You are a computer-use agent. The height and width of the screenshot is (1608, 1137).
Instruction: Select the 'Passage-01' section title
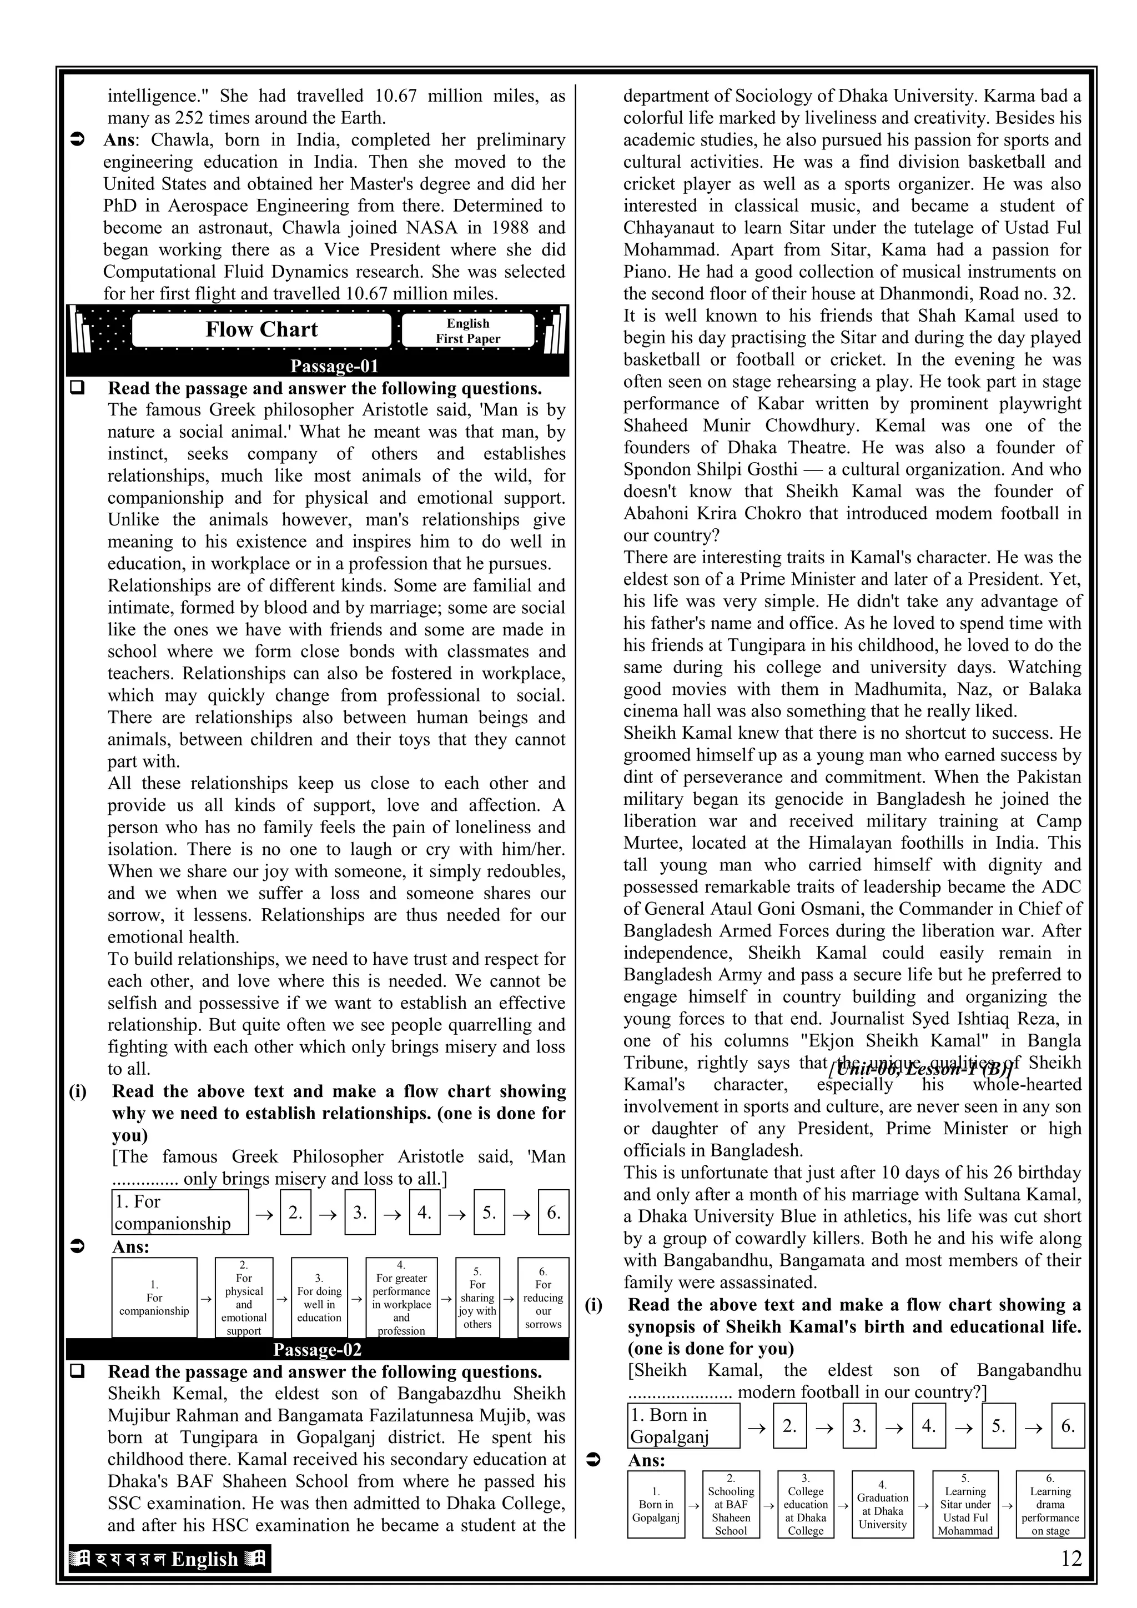(334, 366)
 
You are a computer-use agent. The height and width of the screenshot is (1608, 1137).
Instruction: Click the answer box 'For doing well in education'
(319, 1297)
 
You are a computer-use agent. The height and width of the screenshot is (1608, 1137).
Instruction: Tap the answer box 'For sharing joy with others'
(477, 1297)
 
